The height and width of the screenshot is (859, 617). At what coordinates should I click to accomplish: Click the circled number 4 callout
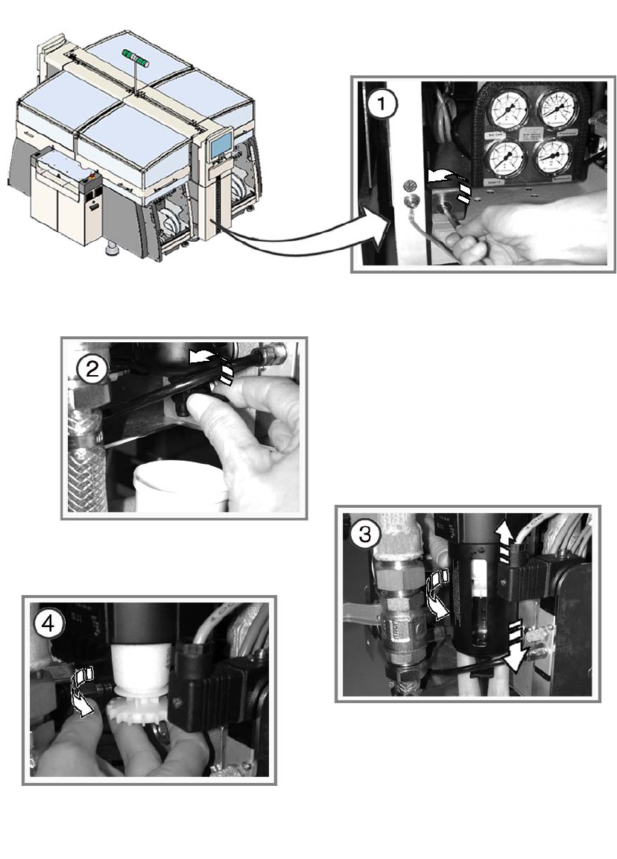(50, 626)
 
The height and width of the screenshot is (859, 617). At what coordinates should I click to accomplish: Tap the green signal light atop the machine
(136, 59)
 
